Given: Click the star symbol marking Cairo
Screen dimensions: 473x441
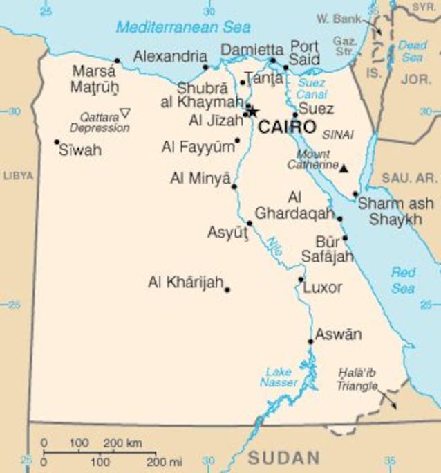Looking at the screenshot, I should point(252,111).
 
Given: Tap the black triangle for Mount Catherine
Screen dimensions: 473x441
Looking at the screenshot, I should point(344,168).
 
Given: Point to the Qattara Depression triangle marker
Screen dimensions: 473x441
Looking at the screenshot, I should point(125,113).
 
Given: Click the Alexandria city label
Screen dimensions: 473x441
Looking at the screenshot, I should point(169,57).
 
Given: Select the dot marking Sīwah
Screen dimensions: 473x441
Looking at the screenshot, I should point(57,142).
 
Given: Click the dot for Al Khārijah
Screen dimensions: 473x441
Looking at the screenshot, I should point(227,289).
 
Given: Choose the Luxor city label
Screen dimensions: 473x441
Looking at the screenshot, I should point(323,287).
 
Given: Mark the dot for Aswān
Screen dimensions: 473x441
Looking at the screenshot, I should point(311,341).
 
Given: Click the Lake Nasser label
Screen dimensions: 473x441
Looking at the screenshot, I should point(279,377).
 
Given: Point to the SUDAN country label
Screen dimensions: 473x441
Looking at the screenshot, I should point(284,457).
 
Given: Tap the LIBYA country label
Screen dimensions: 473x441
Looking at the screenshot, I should point(17,176).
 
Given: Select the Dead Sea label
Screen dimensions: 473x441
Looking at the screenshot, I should point(412,51).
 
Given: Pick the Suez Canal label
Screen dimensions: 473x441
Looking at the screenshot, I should point(311,88).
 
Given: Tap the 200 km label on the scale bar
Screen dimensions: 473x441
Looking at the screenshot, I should point(123,443).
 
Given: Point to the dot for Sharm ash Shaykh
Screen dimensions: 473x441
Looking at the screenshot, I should point(355,195).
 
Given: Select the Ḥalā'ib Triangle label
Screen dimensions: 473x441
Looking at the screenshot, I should point(357,380).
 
